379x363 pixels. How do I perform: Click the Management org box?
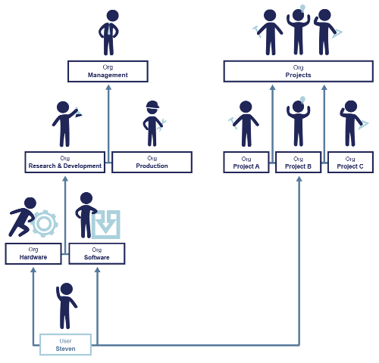click(108, 71)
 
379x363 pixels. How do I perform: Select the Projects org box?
click(299, 71)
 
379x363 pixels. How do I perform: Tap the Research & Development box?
click(65, 163)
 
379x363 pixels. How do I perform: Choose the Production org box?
click(152, 163)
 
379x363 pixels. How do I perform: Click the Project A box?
click(246, 163)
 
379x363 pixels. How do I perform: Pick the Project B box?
click(299, 163)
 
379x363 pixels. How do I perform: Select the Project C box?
click(350, 163)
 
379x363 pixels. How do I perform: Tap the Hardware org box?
click(33, 253)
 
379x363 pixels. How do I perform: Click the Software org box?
click(97, 253)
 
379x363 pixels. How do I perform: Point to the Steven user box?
click(65, 345)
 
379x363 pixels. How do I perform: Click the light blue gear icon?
click(44, 224)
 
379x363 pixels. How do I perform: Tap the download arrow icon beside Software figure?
click(106, 225)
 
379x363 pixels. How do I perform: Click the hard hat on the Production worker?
click(152, 105)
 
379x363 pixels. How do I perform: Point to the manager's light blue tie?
click(109, 29)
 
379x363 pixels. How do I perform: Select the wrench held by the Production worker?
click(161, 124)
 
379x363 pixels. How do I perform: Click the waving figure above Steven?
click(66, 306)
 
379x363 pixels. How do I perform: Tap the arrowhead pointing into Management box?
click(108, 88)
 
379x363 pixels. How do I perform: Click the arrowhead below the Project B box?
click(299, 178)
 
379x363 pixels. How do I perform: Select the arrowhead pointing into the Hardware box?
click(33, 270)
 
